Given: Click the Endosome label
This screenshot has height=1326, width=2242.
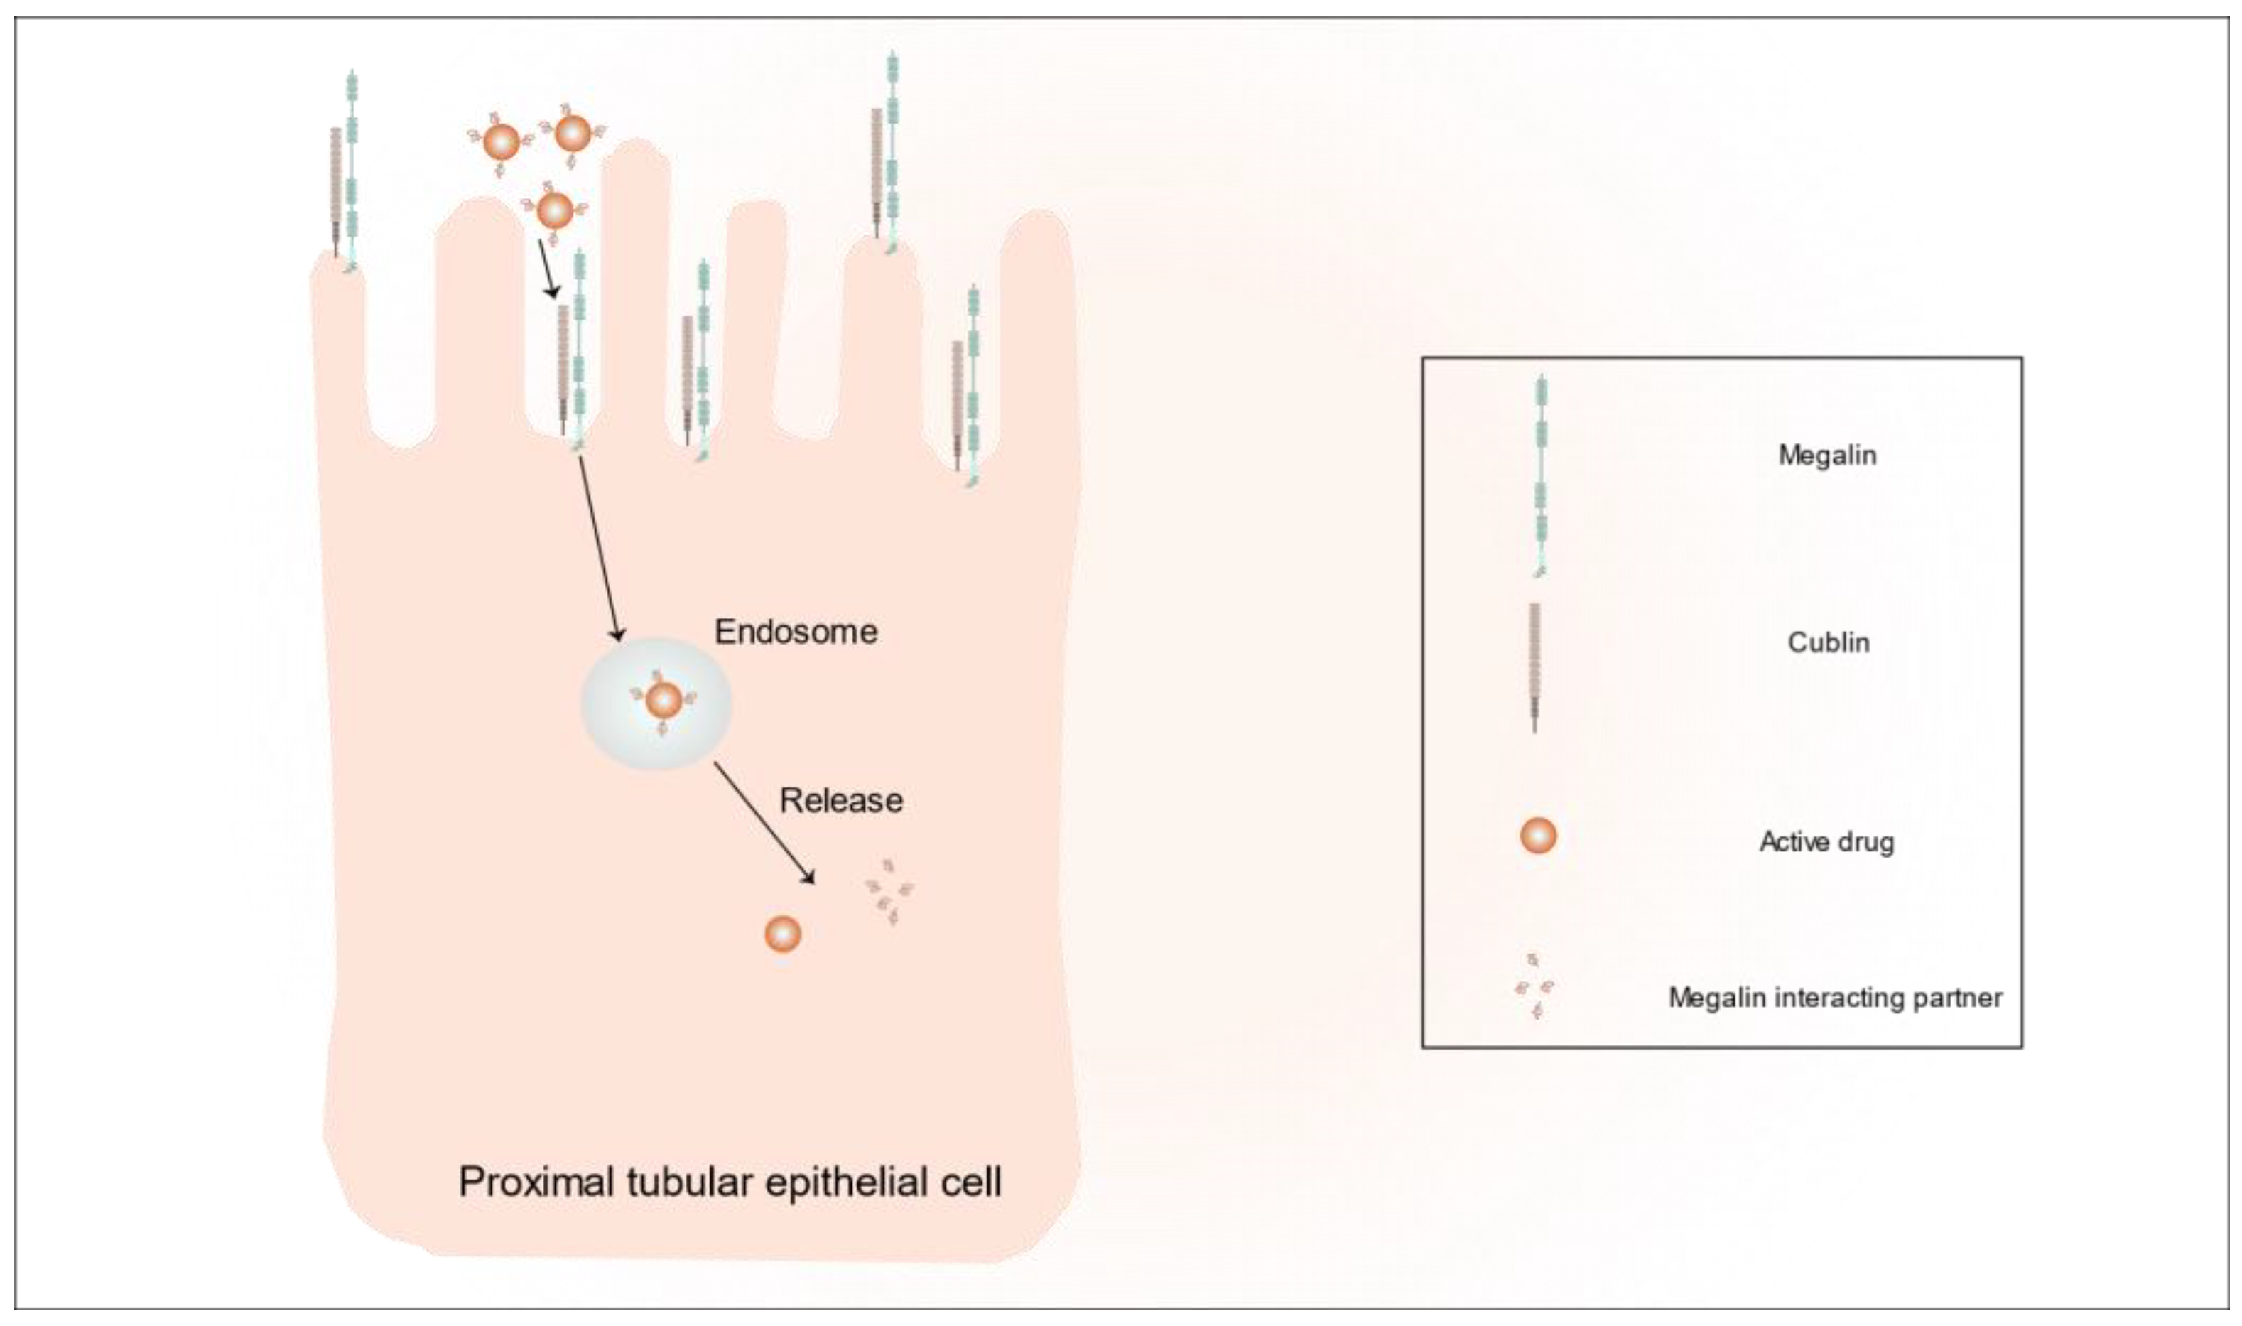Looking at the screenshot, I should [x=796, y=632].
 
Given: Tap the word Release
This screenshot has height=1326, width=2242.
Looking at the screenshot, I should [x=840, y=799].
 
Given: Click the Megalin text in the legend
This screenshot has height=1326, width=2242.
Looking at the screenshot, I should [x=1826, y=455].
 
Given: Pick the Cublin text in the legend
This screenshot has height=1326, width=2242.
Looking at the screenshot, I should [x=1828, y=642].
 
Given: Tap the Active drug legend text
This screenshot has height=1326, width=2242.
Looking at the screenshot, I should [x=1826, y=841].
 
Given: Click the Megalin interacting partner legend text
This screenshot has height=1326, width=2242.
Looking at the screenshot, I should [x=1835, y=997].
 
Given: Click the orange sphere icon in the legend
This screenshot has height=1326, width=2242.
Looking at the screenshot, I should [x=1538, y=836].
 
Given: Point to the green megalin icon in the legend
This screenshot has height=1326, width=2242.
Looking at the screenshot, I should [x=1541, y=473].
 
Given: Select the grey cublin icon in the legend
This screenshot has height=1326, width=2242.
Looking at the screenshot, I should [x=1534, y=666].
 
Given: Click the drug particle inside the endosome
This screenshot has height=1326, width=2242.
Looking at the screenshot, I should [x=663, y=701].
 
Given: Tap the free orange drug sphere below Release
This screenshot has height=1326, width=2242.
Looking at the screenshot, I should [x=782, y=934].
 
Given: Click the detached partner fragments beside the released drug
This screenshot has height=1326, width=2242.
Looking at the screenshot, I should [x=889, y=892].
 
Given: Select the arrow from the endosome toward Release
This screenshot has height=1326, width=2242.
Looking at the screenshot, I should [x=764, y=823].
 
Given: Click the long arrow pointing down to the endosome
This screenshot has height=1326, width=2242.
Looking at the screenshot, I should [x=597, y=549].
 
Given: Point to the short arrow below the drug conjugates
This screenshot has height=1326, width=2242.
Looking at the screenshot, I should [x=547, y=268].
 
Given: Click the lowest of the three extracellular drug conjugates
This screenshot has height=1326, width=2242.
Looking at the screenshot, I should [x=554, y=211].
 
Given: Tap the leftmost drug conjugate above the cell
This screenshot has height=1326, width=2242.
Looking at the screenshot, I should [x=500, y=141].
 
